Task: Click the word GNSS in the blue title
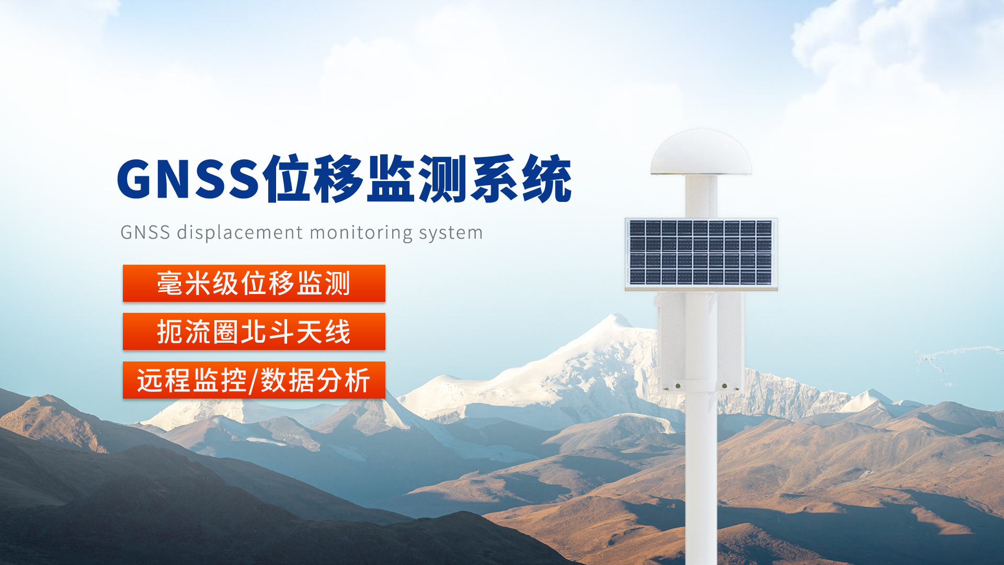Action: [189, 179]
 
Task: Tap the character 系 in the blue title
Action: [495, 179]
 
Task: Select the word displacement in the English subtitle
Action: [240, 232]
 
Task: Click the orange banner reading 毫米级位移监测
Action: [254, 283]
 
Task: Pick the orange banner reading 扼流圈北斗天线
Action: [254, 331]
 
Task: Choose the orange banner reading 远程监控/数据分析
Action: [254, 380]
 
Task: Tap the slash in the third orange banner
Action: [253, 381]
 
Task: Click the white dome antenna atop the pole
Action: [701, 152]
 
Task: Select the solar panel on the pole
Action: [701, 253]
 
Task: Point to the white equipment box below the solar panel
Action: [701, 341]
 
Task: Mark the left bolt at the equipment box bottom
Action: [678, 386]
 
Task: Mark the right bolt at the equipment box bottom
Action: [724, 386]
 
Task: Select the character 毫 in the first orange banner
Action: [169, 283]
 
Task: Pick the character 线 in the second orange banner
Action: [338, 332]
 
